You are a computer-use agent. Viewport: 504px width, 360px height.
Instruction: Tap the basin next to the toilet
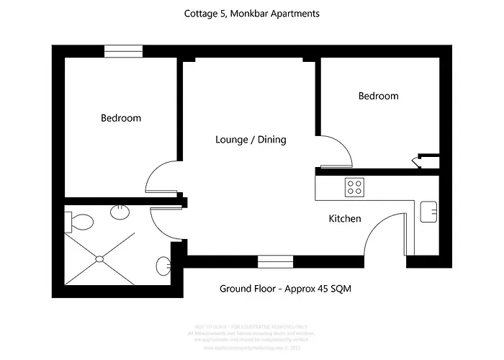pos(120,212)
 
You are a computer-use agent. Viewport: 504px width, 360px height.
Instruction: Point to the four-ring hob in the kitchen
pos(354,187)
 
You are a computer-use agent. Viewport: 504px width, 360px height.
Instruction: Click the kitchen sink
pos(429,211)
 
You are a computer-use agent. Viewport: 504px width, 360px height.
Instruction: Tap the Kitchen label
pos(345,219)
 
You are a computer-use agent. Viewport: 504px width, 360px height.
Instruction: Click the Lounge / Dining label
pos(251,140)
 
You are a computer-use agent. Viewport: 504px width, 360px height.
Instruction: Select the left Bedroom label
pos(121,118)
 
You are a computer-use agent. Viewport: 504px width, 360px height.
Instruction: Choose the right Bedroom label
pos(378,96)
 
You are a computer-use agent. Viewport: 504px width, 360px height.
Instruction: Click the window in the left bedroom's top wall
pos(123,50)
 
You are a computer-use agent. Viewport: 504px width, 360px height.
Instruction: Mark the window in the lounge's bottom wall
pos(270,261)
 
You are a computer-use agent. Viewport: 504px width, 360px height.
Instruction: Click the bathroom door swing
pos(166,224)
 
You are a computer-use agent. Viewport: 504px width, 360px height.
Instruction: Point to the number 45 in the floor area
pos(319,289)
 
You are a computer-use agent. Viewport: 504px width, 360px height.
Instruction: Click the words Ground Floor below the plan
pos(246,289)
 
